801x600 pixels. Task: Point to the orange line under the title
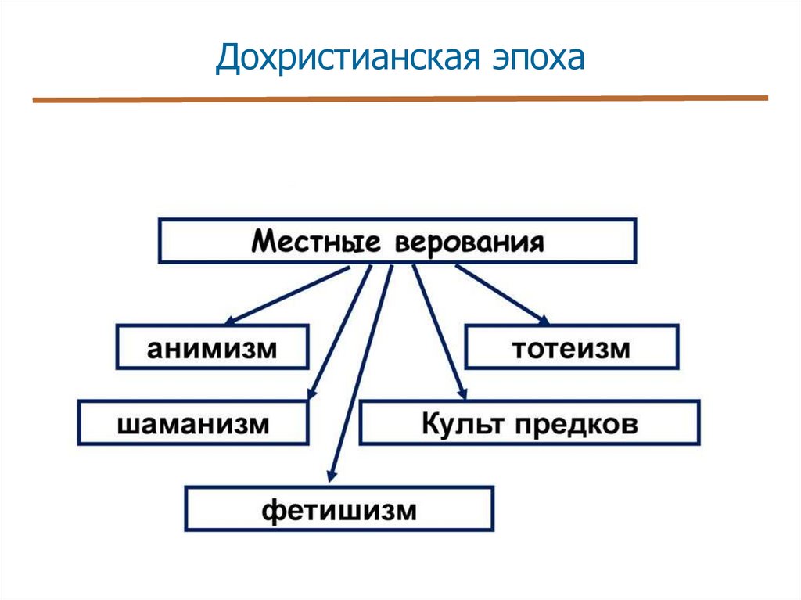pyautogui.click(x=400, y=99)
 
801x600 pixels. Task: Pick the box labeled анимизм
pyautogui.click(x=212, y=347)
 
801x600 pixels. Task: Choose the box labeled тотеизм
pyautogui.click(x=572, y=347)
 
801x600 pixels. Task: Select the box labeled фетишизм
pyautogui.click(x=339, y=509)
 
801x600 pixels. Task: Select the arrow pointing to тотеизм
pyautogui.click(x=501, y=293)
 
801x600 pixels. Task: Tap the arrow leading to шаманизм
pyautogui.click(x=339, y=332)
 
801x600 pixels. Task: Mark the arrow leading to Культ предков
pyautogui.click(x=440, y=332)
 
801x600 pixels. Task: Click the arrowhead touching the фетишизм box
pyautogui.click(x=332, y=472)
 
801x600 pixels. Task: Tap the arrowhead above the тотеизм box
pyautogui.click(x=541, y=318)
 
